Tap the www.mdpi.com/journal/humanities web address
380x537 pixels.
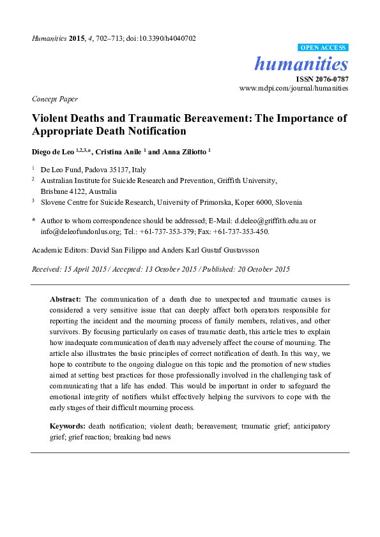point(294,88)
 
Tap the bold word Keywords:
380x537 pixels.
point(67,425)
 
